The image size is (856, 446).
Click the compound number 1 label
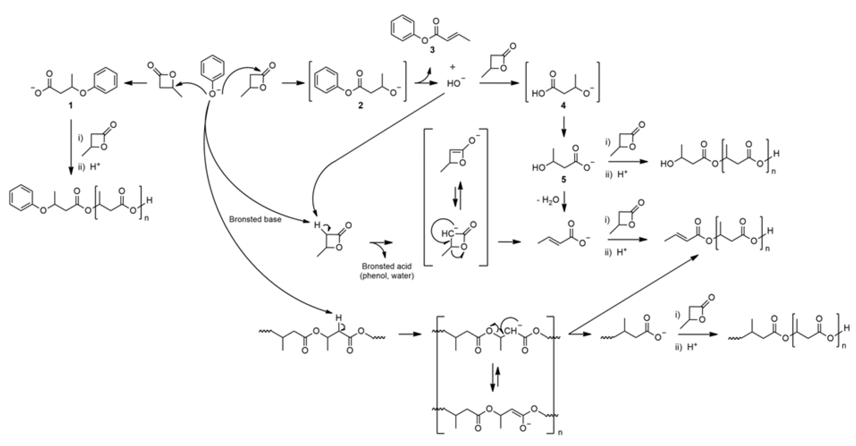(x=70, y=106)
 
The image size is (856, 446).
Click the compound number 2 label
(x=361, y=106)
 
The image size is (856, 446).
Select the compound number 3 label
(x=432, y=50)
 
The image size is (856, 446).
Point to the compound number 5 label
(x=564, y=180)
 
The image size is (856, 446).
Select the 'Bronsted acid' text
(x=387, y=266)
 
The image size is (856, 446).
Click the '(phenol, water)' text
(x=387, y=276)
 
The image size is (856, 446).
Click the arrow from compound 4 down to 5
(x=564, y=127)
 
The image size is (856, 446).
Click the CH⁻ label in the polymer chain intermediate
(x=512, y=331)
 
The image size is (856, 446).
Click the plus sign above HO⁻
(x=453, y=68)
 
